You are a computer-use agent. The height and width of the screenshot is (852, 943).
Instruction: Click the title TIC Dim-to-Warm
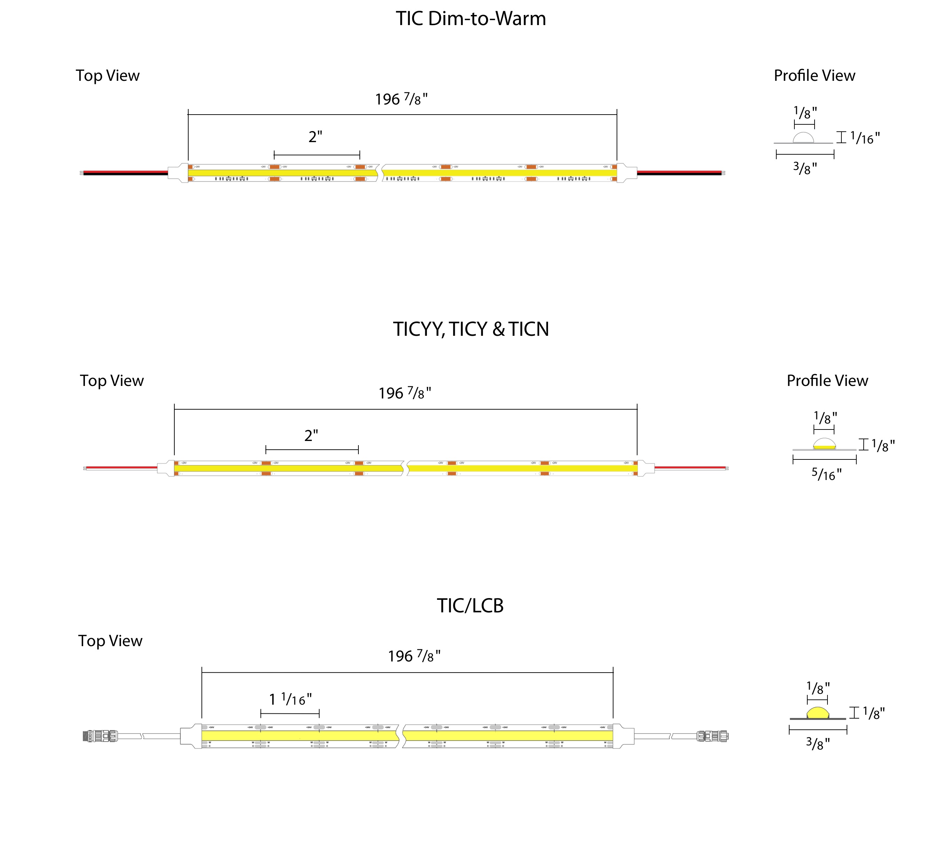pyautogui.click(x=470, y=19)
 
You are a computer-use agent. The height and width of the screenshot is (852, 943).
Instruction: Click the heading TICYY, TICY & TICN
pyautogui.click(x=470, y=329)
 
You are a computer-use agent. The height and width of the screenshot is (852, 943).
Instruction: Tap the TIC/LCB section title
pyautogui.click(x=470, y=606)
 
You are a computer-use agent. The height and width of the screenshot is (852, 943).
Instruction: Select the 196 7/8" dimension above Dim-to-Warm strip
pyautogui.click(x=401, y=99)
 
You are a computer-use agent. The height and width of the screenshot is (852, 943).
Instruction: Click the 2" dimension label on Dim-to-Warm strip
pyautogui.click(x=315, y=137)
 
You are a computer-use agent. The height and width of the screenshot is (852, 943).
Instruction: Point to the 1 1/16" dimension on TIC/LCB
pyautogui.click(x=290, y=699)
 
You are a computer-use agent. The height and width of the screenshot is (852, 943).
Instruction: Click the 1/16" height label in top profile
pyautogui.click(x=865, y=138)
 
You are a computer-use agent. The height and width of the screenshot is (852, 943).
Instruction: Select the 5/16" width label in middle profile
pyautogui.click(x=826, y=475)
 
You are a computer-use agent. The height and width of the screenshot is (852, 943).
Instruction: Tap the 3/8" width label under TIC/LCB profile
pyautogui.click(x=818, y=743)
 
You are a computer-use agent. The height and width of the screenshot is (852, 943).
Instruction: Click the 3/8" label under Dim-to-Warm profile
pyautogui.click(x=805, y=168)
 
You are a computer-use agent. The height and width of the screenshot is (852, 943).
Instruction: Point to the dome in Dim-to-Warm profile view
pyautogui.click(x=803, y=138)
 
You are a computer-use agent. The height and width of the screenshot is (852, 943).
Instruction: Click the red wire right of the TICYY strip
pyautogui.click(x=690, y=467)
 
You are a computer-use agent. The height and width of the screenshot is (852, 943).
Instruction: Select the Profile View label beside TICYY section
pyautogui.click(x=827, y=381)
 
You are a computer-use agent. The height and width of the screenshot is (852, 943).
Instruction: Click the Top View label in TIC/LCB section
pyautogui.click(x=110, y=641)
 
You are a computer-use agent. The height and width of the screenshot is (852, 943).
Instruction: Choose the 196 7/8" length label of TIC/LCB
pyautogui.click(x=414, y=656)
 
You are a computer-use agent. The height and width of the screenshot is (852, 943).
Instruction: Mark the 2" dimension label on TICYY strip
pyautogui.click(x=311, y=436)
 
